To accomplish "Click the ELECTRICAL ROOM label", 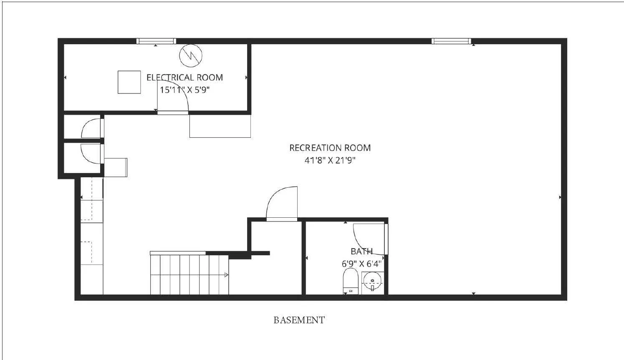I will point(184,78).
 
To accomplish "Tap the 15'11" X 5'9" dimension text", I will point(184,90).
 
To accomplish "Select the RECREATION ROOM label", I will point(330,148).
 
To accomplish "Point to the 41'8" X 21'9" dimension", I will point(330,160).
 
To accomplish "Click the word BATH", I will point(361,252).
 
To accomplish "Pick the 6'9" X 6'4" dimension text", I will point(361,264).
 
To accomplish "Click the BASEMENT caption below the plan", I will point(299,320).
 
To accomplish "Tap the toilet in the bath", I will point(351,281).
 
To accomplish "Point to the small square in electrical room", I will point(129,82).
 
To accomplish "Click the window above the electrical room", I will point(156,41).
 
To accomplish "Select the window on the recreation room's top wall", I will point(451,41).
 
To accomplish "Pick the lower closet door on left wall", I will point(91,154).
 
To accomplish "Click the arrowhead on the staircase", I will point(226,275).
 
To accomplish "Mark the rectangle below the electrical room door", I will point(220,126).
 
